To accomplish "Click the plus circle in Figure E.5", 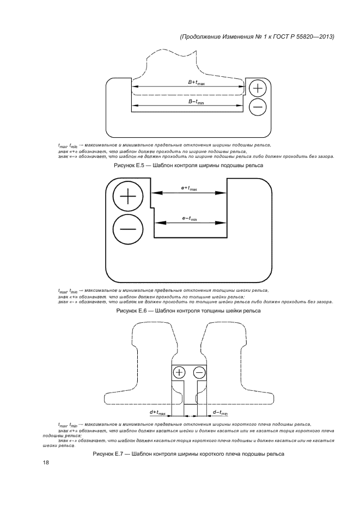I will click(x=258, y=88).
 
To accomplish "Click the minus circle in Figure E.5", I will click(x=258, y=107).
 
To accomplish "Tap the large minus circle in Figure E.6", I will click(x=128, y=228).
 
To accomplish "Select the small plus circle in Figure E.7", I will click(x=180, y=372).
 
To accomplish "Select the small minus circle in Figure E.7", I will click(x=199, y=372).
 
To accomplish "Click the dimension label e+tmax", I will click(x=189, y=188).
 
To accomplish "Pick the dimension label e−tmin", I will click(x=189, y=219).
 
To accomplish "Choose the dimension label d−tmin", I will click(x=220, y=413).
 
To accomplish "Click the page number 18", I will click(x=46, y=463).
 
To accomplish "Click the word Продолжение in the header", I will click(x=200, y=36).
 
